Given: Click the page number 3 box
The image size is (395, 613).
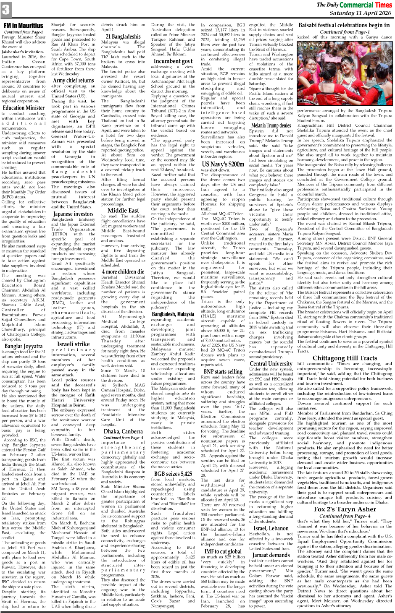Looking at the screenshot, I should [6, 8].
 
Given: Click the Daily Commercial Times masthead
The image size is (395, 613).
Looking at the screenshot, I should [354, 5].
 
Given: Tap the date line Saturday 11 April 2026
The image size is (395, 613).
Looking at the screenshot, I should [360, 13].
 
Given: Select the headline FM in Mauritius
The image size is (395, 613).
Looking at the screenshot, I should [24, 26].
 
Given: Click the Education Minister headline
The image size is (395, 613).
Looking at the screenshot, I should [24, 107].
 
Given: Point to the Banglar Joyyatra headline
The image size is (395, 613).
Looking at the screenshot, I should [24, 346].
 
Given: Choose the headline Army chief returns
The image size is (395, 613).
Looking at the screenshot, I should [73, 80].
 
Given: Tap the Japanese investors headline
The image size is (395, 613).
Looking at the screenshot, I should [73, 214].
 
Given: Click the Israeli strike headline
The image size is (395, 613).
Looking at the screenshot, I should [73, 344].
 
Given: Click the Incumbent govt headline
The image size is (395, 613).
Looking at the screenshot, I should [173, 61].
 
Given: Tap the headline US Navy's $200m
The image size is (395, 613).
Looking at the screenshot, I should [223, 164].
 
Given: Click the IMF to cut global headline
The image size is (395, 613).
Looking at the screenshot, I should [223, 551].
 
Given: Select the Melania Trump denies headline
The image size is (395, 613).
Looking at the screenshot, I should [271, 125].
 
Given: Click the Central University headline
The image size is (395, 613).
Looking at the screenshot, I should [271, 363].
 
